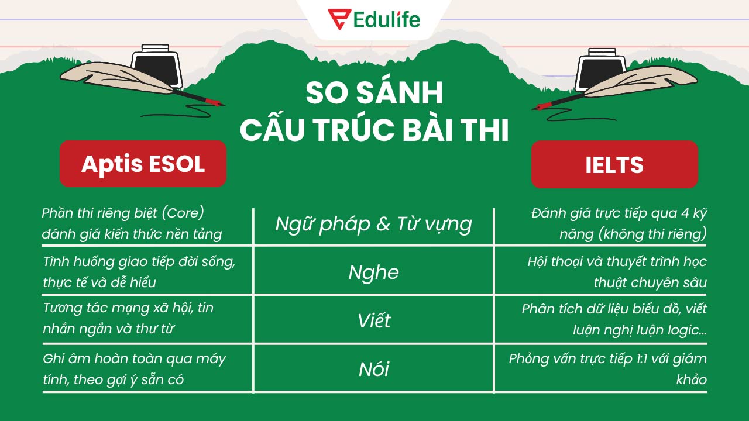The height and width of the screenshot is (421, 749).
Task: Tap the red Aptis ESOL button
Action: pos(143,164)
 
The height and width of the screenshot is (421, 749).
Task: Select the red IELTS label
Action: pos(614,164)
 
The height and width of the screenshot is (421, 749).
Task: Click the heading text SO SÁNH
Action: pos(374,94)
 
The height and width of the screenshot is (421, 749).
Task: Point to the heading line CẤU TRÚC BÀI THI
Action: pos(374,131)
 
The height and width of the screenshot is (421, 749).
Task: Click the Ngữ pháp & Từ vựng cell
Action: pos(373,224)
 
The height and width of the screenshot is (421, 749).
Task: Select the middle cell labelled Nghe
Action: pos(373,272)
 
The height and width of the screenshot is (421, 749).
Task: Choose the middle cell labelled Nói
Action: pos(373,370)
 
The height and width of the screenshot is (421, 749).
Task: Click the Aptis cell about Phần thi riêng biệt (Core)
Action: pos(132,223)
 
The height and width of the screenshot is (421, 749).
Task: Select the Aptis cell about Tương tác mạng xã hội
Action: pos(128,318)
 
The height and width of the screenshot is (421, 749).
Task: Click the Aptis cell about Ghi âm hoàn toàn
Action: pos(134,368)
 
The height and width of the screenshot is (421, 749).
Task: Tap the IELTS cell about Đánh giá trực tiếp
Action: pos(619,223)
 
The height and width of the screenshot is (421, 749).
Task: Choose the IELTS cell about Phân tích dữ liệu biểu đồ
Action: pos(614,319)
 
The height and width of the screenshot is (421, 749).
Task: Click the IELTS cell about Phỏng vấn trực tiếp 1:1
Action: pos(607,368)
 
